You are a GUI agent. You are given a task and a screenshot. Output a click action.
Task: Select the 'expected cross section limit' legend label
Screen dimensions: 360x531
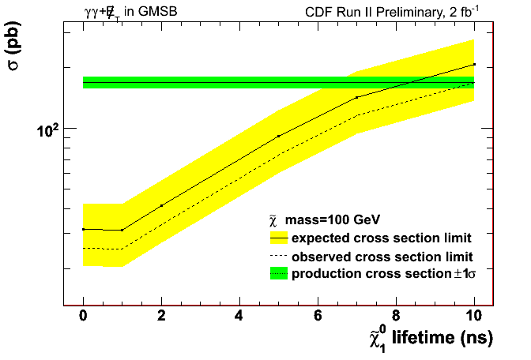pos(382,238)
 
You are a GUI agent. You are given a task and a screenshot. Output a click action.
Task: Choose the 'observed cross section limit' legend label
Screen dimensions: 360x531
pos(382,256)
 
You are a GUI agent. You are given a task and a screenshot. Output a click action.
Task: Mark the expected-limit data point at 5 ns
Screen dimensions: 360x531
pos(278,137)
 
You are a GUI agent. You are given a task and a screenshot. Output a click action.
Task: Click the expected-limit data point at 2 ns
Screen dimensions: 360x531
pos(161,205)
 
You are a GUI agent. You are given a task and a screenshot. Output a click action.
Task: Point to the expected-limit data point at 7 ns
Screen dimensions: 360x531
pos(356,97)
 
